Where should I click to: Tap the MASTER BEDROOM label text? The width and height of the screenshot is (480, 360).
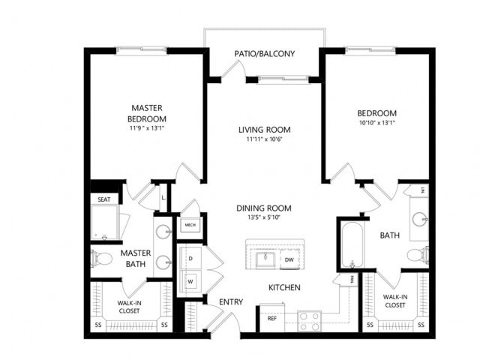point(147,113)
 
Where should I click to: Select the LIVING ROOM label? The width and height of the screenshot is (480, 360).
point(263,130)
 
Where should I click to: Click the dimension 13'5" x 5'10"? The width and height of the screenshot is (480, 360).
point(263,218)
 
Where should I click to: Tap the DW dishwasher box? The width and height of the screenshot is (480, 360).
point(289,259)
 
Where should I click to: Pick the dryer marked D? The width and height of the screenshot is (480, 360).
point(190,258)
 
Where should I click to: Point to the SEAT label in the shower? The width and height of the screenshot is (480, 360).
point(103,199)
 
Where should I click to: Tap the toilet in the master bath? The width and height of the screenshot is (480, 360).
point(101,259)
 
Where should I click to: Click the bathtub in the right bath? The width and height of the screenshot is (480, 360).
point(350,244)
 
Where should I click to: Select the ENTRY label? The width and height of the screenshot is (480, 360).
point(230,302)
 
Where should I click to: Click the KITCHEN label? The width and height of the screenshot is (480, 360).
point(285,287)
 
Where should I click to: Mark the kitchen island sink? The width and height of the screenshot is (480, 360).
point(263,259)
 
